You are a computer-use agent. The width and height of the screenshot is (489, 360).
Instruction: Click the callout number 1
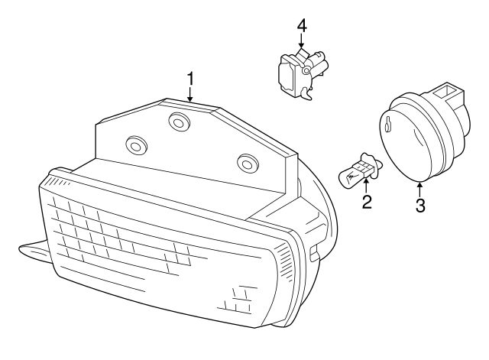[x=190, y=78]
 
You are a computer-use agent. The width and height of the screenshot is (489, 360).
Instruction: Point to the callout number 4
[x=302, y=24]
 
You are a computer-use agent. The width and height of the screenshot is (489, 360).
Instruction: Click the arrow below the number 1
[x=190, y=94]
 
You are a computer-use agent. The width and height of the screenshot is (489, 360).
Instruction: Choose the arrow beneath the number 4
[x=302, y=41]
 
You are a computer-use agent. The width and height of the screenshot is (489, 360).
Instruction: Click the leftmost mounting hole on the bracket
[x=137, y=144]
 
